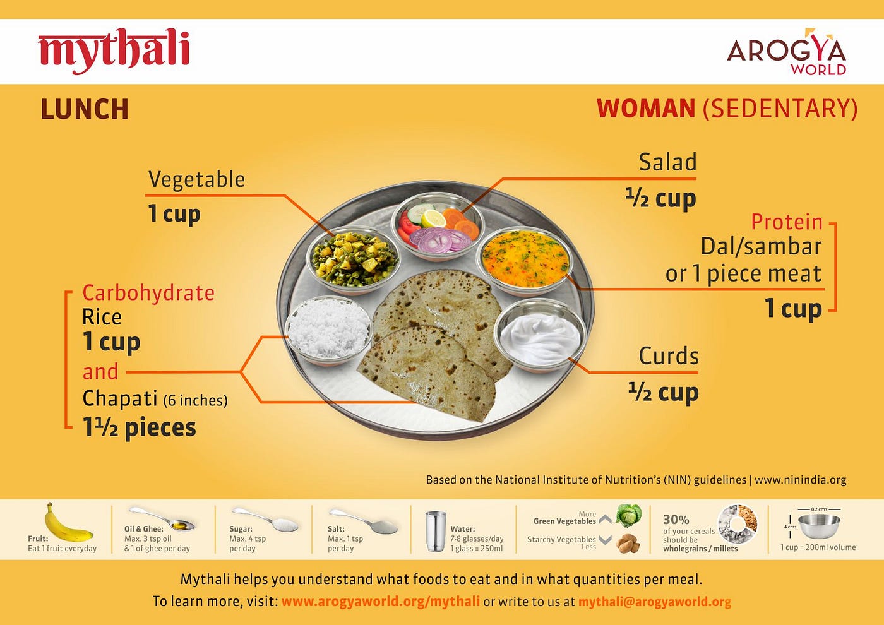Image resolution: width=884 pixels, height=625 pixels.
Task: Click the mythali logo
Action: pos(114,51)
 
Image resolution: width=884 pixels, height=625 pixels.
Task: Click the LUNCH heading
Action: pos(85,109)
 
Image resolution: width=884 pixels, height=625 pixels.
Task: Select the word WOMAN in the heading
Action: pos(646,109)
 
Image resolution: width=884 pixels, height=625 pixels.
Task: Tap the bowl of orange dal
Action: pos(525,261)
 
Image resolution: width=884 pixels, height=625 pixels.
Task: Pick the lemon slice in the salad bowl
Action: pos(433,218)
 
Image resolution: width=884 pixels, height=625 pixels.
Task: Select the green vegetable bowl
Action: pos(354,259)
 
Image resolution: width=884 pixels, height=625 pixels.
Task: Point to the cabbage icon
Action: pos(629,515)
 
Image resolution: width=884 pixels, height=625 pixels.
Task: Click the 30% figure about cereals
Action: pos(676,520)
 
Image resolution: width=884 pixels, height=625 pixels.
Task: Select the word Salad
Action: pos(668,162)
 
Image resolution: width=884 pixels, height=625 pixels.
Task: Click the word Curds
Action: pos(669,356)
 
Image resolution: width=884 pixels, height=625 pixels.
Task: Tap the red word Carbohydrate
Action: pos(148,293)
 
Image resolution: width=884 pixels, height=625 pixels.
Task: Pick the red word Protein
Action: pos(787,222)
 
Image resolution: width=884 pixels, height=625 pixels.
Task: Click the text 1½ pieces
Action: pos(140,428)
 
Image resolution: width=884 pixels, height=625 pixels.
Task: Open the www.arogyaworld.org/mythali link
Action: pos(381,602)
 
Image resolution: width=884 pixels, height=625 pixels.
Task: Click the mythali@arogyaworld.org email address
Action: pos(655,602)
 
